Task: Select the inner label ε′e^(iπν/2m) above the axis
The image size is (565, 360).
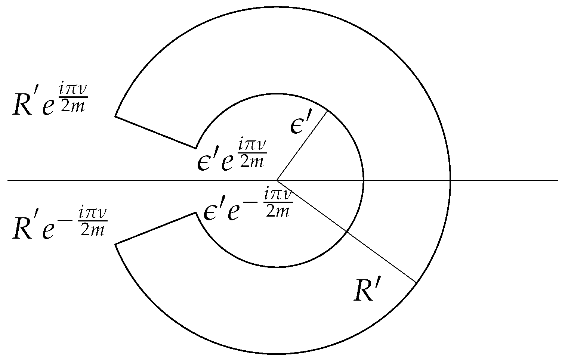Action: [x=232, y=155]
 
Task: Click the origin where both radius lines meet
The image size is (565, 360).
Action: [x=277, y=180]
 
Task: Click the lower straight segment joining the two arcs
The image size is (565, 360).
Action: [x=155, y=229]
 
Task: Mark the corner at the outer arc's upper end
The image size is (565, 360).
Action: [x=115, y=116]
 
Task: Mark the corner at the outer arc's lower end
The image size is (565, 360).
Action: [x=115, y=245]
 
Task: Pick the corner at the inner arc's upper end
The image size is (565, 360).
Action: [x=196, y=148]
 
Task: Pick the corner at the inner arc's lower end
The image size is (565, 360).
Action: [x=196, y=213]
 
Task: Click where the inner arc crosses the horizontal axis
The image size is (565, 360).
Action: [x=364, y=180]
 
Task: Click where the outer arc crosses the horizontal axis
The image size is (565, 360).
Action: [x=451, y=180]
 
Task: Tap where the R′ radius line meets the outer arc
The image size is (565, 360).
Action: [x=417, y=283]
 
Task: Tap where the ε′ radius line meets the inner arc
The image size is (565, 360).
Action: [x=328, y=111]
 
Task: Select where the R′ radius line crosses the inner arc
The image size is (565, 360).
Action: [x=347, y=232]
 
